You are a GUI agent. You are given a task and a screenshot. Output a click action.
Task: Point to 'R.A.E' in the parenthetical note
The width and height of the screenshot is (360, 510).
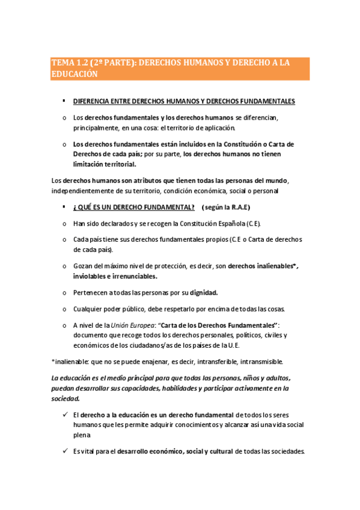coord(238,207)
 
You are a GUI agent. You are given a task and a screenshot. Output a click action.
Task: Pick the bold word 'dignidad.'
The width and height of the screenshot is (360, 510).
coord(204,292)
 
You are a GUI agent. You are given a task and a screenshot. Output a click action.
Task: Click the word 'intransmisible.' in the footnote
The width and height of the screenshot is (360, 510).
coord(261,361)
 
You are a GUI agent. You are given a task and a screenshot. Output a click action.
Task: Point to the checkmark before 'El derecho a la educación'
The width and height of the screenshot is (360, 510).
coord(64,414)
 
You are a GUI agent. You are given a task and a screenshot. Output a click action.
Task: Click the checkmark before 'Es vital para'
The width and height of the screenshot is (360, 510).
coord(64,451)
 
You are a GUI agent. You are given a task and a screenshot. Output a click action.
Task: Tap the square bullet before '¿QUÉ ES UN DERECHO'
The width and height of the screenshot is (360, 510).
coord(64,207)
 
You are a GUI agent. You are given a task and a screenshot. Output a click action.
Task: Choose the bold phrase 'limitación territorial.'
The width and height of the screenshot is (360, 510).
coord(105,164)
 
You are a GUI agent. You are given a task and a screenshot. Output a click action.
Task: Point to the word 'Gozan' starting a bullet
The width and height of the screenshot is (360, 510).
coord(84,266)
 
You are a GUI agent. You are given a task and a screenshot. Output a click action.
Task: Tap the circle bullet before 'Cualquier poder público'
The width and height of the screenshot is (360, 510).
coord(64,309)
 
